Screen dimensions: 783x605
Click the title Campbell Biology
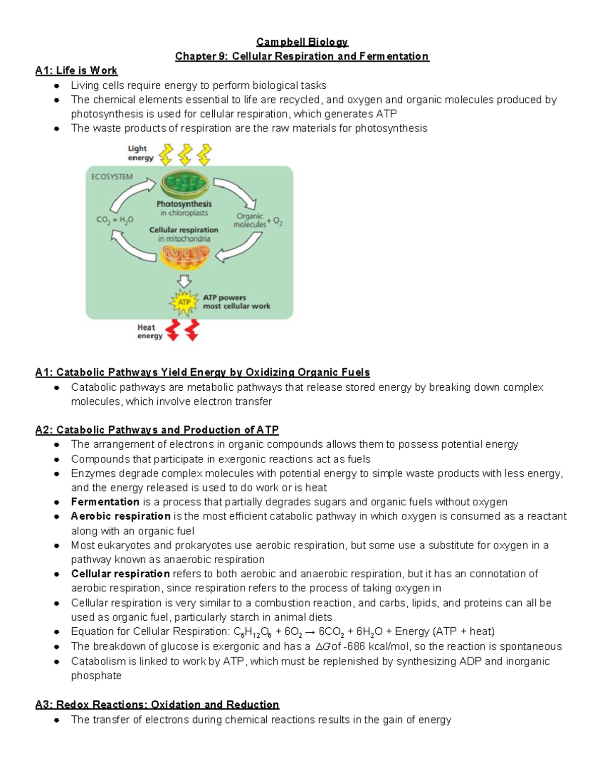tap(302, 42)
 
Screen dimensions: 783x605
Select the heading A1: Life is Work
tap(76, 71)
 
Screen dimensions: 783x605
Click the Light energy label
tap(140, 153)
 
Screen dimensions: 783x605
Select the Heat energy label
tap(150, 332)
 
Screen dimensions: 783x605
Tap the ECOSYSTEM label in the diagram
tap(112, 177)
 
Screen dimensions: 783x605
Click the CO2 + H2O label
tap(115, 220)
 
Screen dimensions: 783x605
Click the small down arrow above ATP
tap(184, 280)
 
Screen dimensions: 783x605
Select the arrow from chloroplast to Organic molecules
tap(235, 193)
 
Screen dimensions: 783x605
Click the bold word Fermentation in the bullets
tap(105, 502)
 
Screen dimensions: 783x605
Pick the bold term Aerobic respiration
tap(120, 516)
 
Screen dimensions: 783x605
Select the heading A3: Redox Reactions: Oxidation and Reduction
tap(157, 705)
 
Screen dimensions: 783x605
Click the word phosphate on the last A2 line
tap(96, 676)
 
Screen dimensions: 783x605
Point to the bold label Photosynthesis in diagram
tap(184, 204)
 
